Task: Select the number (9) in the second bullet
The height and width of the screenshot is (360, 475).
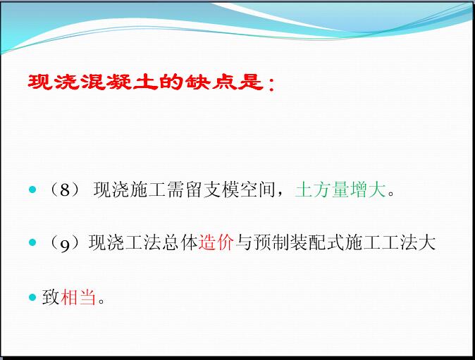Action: tap(65, 243)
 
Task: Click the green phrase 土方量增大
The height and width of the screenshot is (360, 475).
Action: tap(340, 190)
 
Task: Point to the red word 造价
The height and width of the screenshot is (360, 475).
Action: tap(216, 242)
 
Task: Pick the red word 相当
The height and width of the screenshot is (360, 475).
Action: tap(78, 297)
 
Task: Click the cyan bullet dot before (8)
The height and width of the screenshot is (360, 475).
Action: tap(32, 190)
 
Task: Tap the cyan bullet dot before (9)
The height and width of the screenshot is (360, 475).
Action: tap(32, 242)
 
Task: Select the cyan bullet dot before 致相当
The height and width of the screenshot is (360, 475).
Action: tap(32, 297)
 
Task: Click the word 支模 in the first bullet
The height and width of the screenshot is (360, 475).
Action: tap(221, 190)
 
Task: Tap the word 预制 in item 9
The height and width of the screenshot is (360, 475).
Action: tap(272, 242)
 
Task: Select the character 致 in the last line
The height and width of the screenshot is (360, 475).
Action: tap(51, 297)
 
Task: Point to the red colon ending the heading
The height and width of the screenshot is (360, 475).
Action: tap(271, 84)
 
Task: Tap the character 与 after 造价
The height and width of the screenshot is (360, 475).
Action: tap(244, 242)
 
